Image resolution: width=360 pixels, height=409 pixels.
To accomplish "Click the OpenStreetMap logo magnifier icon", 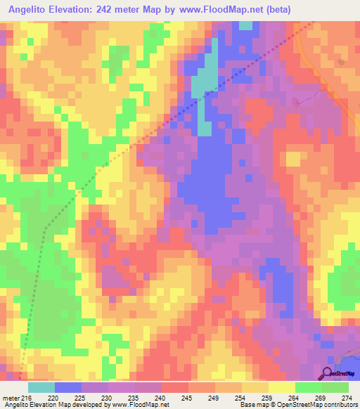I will tap(328, 372).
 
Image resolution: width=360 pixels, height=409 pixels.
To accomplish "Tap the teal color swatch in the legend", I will tap(41, 387).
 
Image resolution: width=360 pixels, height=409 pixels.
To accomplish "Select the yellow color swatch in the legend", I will tap(281, 387).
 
